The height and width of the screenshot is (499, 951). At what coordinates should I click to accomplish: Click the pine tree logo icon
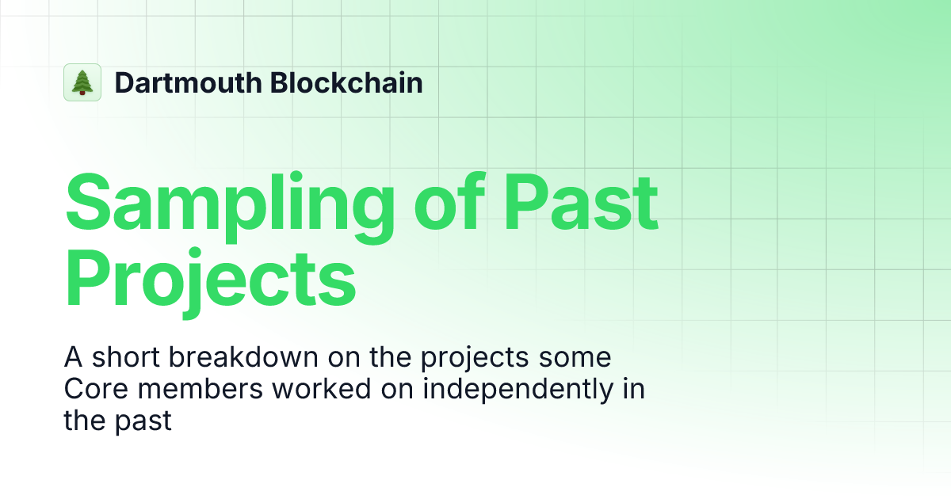pos(82,82)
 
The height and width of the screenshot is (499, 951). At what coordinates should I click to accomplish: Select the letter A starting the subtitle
pos(73,358)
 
